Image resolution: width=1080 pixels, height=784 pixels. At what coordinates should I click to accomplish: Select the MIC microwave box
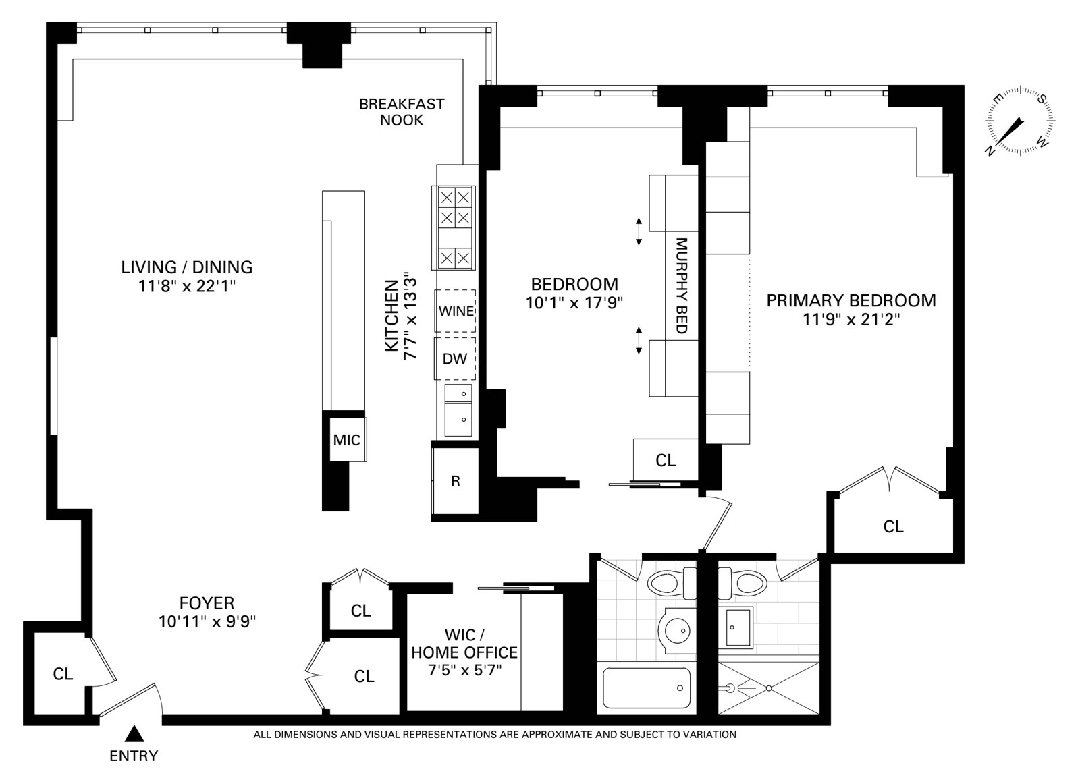[x=347, y=440]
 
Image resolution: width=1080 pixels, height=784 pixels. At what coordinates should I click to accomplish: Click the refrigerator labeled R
[x=456, y=481]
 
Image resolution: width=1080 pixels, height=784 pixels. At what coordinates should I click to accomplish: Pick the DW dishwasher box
[x=455, y=358]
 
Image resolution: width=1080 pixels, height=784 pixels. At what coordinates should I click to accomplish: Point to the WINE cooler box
[x=456, y=310]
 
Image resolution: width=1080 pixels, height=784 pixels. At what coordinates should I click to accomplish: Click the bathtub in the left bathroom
[x=645, y=688]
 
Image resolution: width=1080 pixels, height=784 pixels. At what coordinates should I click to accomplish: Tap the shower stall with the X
[x=769, y=688]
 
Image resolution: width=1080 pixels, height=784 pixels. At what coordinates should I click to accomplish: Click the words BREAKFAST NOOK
[x=402, y=112]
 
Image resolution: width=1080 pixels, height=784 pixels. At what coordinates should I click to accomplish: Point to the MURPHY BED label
[x=681, y=285]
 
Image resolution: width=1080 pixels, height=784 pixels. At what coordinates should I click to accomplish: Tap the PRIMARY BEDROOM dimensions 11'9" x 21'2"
[x=851, y=319]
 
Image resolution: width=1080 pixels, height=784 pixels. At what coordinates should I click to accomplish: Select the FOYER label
[x=207, y=603]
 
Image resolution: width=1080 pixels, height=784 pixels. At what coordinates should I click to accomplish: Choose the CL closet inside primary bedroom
[x=893, y=526]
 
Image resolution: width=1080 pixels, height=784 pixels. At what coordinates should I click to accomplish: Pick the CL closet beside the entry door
[x=63, y=673]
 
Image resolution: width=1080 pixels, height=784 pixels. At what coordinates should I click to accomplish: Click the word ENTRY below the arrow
[x=134, y=756]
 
